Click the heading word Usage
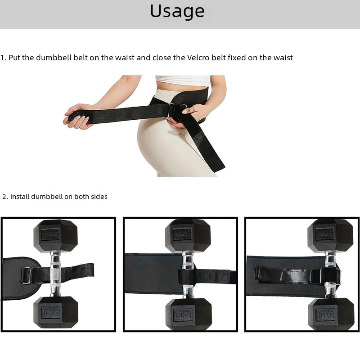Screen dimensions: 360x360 pos(177,11)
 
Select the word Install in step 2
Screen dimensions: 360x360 pos(20,197)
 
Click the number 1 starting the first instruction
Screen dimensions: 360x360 pos(2,58)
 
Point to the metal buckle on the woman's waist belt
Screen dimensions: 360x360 pos(172,109)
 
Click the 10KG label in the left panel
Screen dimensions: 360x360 pos(50,312)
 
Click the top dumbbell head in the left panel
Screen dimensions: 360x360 pos(55,235)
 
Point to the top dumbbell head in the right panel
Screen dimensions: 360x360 pos(330,235)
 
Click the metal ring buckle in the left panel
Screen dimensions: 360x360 pos(27,275)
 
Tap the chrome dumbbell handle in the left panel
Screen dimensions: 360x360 pos(55,274)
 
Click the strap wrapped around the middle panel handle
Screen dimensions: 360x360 pos(187,276)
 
